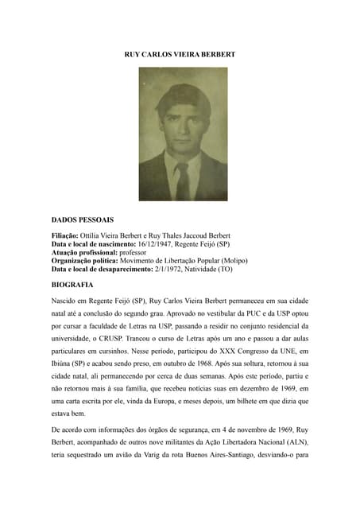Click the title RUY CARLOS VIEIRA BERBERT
tap(180, 53)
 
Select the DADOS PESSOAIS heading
tap(82, 219)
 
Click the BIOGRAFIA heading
tap(72, 284)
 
